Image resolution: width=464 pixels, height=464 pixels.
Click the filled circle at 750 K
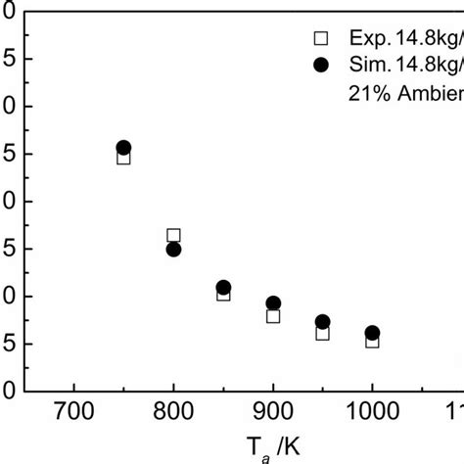tap(123, 148)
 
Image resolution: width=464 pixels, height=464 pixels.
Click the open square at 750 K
tap(123, 157)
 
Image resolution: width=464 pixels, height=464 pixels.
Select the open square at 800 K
tap(173, 235)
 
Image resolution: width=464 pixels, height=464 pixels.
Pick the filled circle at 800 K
tap(173, 249)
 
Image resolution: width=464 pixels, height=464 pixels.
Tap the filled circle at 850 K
tap(223, 288)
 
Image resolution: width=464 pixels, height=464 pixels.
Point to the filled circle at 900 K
tap(273, 303)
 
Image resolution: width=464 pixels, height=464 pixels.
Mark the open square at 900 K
tap(273, 315)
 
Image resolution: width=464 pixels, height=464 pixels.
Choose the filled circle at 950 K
tap(322, 322)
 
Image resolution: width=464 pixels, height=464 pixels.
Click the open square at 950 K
tap(322, 333)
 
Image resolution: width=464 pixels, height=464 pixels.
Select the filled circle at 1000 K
tap(372, 333)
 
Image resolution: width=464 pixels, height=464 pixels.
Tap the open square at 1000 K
tap(372, 341)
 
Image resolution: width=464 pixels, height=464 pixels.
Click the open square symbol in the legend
tap(319, 38)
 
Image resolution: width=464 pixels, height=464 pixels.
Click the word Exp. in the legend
tap(364, 39)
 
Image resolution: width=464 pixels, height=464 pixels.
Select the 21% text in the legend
tap(365, 93)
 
